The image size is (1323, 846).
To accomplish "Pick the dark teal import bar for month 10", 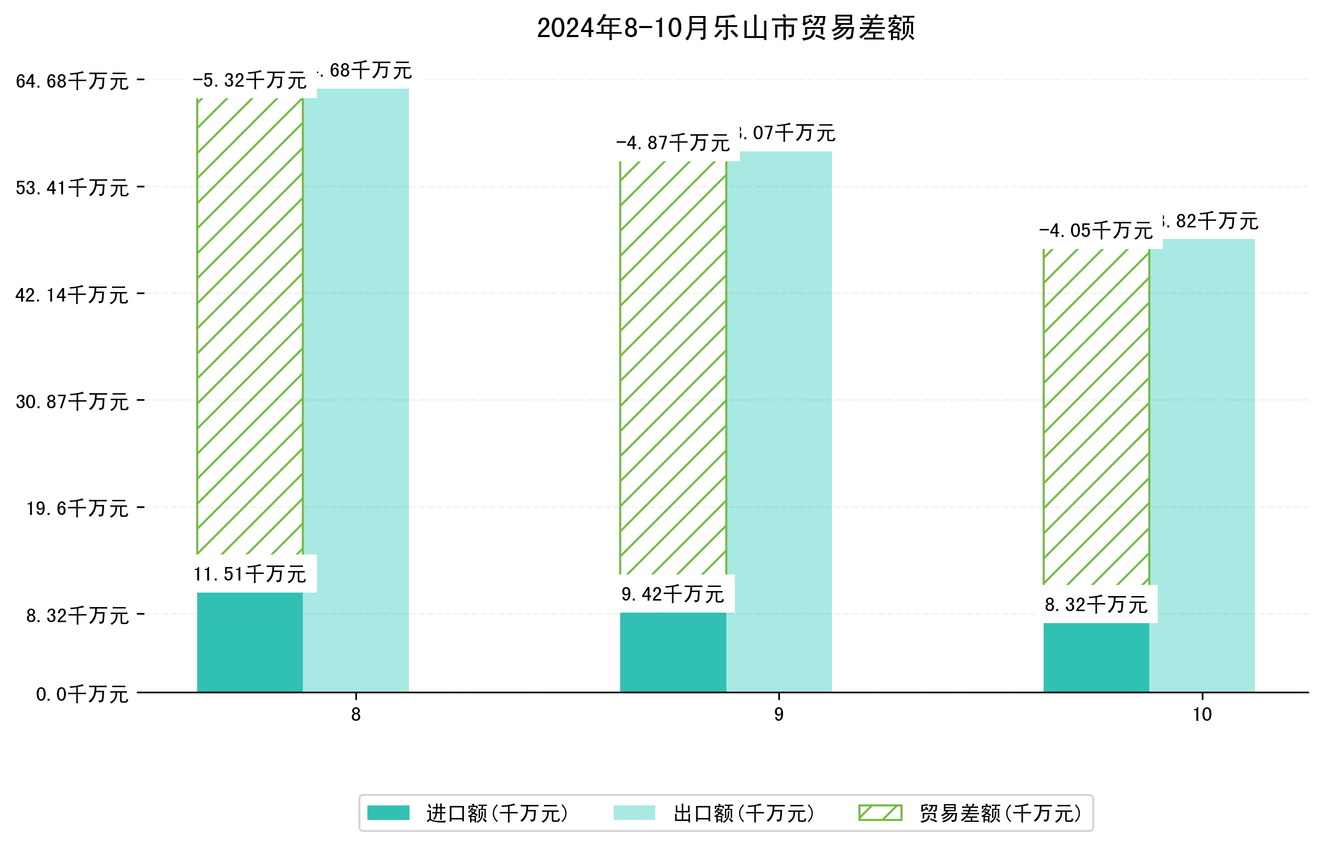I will (1096, 658).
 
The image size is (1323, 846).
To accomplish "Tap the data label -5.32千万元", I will (249, 80).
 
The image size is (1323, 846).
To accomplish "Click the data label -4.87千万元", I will (672, 143).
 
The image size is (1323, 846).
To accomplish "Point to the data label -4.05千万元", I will (1096, 230).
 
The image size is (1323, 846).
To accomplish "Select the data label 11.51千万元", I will (249, 575).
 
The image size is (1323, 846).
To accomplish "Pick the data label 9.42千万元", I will (672, 594).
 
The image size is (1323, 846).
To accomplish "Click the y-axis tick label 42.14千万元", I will (72, 295).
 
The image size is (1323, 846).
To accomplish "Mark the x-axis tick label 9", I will (778, 715).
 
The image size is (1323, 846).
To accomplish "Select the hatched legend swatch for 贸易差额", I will (880, 812).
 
